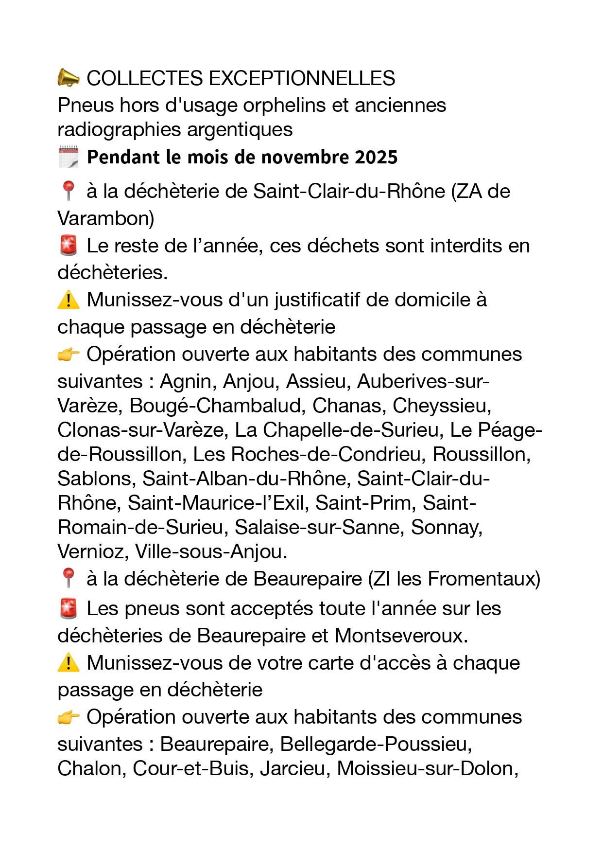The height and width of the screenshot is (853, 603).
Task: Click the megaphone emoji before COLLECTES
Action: click(x=69, y=78)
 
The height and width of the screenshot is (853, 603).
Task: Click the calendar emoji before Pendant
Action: click(x=68, y=157)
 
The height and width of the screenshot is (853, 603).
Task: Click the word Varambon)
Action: click(x=106, y=218)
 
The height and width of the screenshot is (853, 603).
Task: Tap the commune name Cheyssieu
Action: click(x=442, y=406)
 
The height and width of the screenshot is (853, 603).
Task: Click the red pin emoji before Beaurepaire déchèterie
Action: click(x=68, y=579)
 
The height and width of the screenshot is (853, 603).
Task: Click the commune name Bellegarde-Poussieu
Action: click(x=376, y=744)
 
